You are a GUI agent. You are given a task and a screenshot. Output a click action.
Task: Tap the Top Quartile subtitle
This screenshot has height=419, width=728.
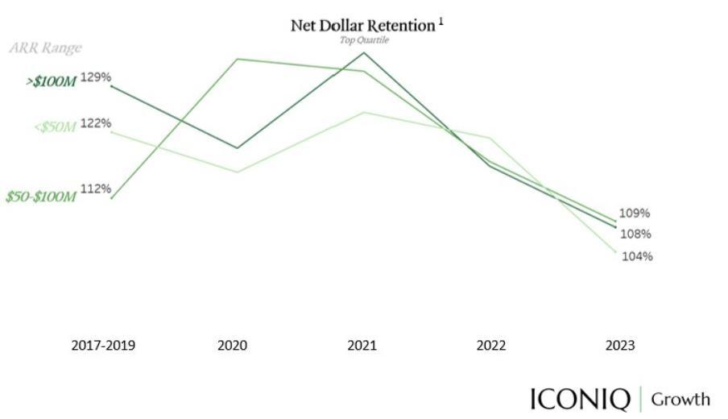tap(365, 40)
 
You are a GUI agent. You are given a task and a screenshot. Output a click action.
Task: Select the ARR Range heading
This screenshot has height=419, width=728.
tap(45, 48)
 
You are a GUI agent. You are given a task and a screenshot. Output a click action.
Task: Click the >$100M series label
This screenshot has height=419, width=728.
tap(52, 81)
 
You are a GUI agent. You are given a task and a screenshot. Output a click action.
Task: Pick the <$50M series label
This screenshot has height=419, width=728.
tap(56, 127)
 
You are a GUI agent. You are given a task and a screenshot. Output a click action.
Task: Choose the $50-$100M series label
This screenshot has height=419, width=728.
tap(40, 197)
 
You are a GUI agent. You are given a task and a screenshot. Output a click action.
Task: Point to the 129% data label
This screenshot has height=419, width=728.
tap(95, 77)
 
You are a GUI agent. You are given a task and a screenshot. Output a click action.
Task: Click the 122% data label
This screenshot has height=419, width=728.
tap(95, 123)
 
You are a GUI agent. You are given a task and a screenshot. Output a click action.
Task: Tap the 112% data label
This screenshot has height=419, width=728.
tap(95, 189)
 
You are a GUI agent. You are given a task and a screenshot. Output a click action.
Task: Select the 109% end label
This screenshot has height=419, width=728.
tap(634, 214)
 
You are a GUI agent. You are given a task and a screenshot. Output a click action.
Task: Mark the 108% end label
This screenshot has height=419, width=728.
tap(635, 234)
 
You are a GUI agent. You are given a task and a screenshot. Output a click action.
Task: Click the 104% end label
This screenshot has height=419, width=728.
tap(637, 256)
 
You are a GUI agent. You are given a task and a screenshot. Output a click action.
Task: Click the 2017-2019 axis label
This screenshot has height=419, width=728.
tap(103, 346)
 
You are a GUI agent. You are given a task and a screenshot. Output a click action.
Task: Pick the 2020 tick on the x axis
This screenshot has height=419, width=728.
tap(233, 346)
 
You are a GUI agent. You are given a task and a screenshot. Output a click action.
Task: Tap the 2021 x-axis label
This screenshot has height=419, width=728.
tap(362, 346)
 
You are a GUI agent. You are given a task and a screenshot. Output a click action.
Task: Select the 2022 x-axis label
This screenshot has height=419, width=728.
tap(491, 346)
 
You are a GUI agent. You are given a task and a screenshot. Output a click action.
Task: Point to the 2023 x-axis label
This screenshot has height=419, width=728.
tap(620, 346)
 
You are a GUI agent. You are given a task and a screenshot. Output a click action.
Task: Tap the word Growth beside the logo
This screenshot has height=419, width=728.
tap(680, 399)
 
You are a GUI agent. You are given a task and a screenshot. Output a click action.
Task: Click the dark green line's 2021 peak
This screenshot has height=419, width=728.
tap(364, 53)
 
